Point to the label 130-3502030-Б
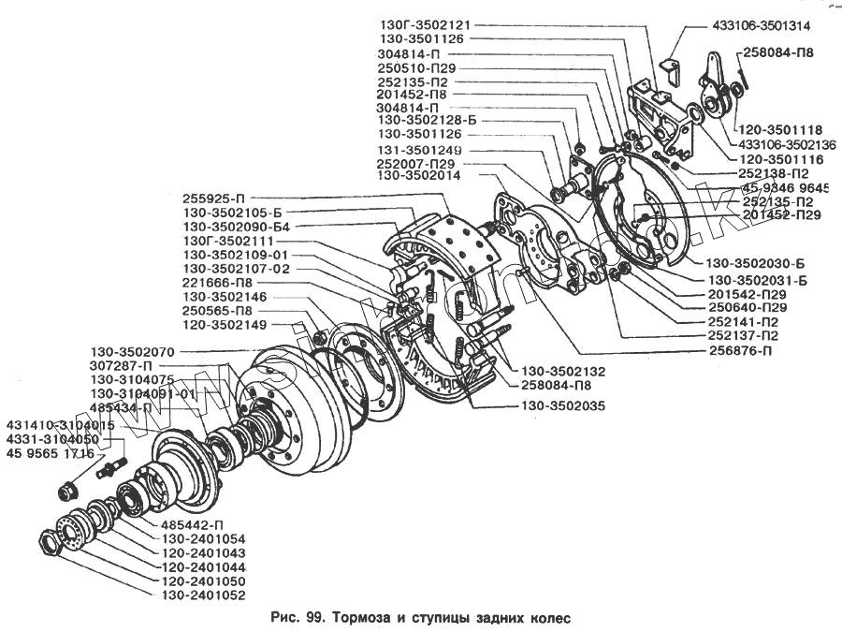point(756,263)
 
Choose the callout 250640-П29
point(748,307)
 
